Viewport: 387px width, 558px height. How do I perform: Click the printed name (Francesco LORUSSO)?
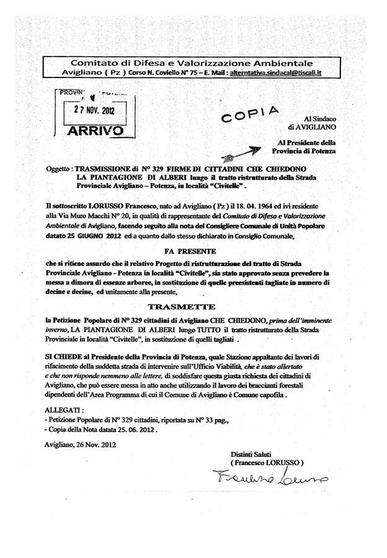267,463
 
